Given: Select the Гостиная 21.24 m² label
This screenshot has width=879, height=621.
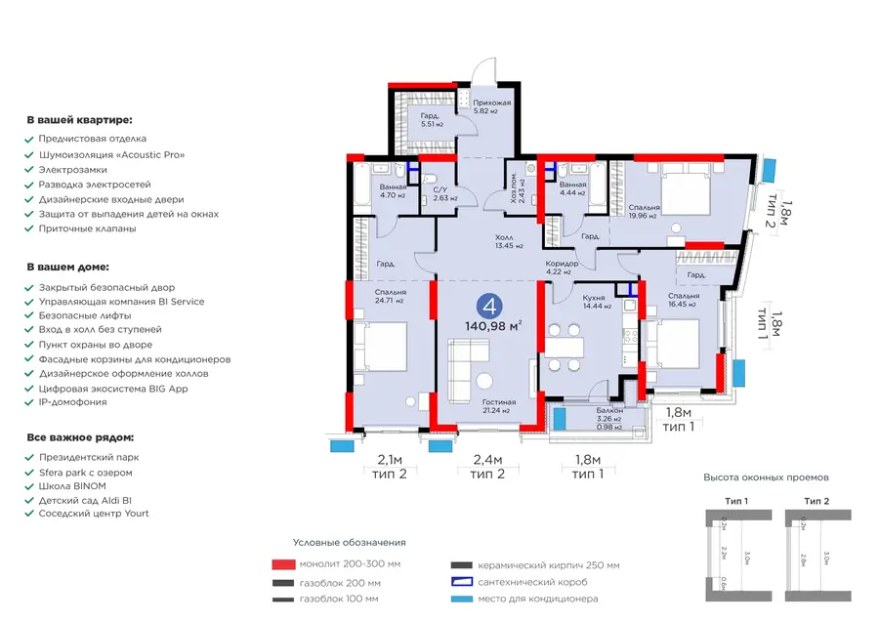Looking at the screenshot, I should (498, 406).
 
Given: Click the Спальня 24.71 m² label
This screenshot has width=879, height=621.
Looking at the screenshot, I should (390, 296).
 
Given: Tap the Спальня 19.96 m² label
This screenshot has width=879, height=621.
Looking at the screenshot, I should (645, 212).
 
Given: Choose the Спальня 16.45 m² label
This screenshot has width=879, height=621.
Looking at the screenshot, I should (684, 299).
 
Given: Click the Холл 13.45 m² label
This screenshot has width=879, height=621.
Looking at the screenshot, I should (504, 241).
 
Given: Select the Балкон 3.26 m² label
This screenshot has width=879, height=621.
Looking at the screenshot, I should (610, 416).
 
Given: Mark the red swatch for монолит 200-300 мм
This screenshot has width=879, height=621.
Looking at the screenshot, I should (283, 564).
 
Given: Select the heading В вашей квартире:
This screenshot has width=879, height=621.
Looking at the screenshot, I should (79, 120).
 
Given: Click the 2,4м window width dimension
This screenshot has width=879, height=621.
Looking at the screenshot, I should (486, 459).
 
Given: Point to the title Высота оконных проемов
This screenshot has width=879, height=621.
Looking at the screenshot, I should (766, 477).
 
